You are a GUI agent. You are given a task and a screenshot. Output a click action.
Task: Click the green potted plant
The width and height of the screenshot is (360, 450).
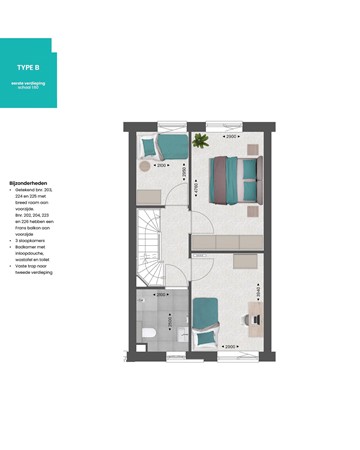pyautogui.click(x=200, y=141)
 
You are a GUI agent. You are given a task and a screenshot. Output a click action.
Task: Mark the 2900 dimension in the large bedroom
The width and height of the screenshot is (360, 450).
pyautogui.click(x=232, y=134)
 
